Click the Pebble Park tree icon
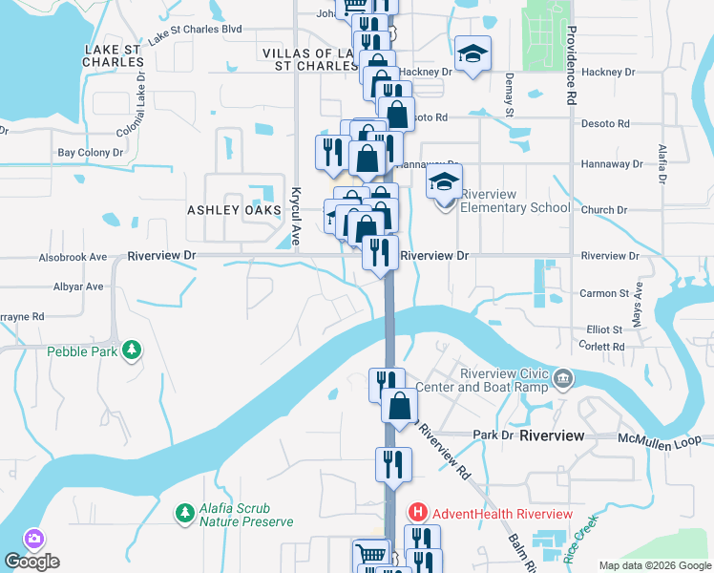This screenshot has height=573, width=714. [x=134, y=351]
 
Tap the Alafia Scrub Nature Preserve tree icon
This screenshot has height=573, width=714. [x=183, y=514]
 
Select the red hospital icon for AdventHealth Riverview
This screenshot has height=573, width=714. [x=417, y=513]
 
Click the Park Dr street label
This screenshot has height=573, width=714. [x=493, y=435]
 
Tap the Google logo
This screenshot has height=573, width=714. [x=31, y=562]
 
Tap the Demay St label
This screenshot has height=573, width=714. [x=509, y=92]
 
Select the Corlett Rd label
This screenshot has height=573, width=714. [x=603, y=345]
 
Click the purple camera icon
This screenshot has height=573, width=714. [x=35, y=540]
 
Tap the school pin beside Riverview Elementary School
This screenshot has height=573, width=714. [x=444, y=184]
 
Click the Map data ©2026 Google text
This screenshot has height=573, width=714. [x=654, y=564]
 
